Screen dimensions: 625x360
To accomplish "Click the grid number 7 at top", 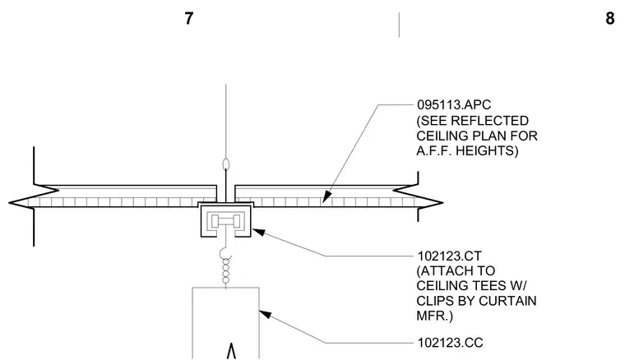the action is [189, 18].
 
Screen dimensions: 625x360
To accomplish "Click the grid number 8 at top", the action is [610, 18].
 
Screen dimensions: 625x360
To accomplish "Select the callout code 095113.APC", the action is [454, 104].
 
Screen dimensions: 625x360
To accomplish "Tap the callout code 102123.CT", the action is [449, 256].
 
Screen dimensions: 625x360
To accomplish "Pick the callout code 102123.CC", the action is [450, 343].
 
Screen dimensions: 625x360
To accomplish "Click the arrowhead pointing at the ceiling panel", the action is [326, 196].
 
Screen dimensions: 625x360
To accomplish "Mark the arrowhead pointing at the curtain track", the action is [259, 232].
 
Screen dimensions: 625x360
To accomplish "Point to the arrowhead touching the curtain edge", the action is [266, 314].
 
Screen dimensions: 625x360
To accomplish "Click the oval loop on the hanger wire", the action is [226, 164].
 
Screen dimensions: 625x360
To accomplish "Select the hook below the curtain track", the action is [225, 253].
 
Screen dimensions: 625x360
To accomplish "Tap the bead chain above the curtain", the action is [226, 270].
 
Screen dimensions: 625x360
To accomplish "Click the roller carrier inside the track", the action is [226, 221].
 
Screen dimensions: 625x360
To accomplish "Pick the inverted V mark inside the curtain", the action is [231, 351].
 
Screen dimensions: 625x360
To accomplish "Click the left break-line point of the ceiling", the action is [9, 203].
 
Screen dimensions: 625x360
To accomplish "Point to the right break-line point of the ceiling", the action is [442, 203].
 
